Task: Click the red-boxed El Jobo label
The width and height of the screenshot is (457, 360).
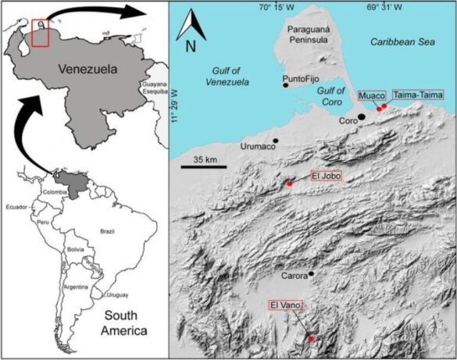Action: click(327, 176)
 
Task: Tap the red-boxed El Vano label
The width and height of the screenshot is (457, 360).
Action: click(284, 305)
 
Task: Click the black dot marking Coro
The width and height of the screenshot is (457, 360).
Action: click(361, 117)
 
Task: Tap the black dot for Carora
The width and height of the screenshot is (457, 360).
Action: click(312, 274)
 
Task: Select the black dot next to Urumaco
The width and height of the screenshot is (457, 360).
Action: click(275, 141)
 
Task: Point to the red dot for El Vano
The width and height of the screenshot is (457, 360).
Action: click(311, 338)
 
